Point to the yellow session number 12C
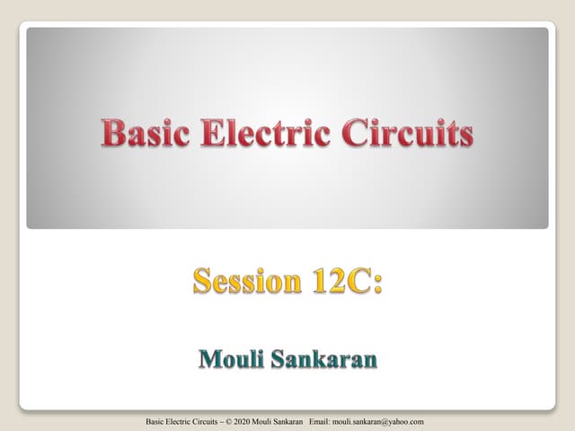point(342,281)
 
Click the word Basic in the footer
point(155,421)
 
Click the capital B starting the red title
point(112,134)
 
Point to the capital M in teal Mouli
point(208,360)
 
